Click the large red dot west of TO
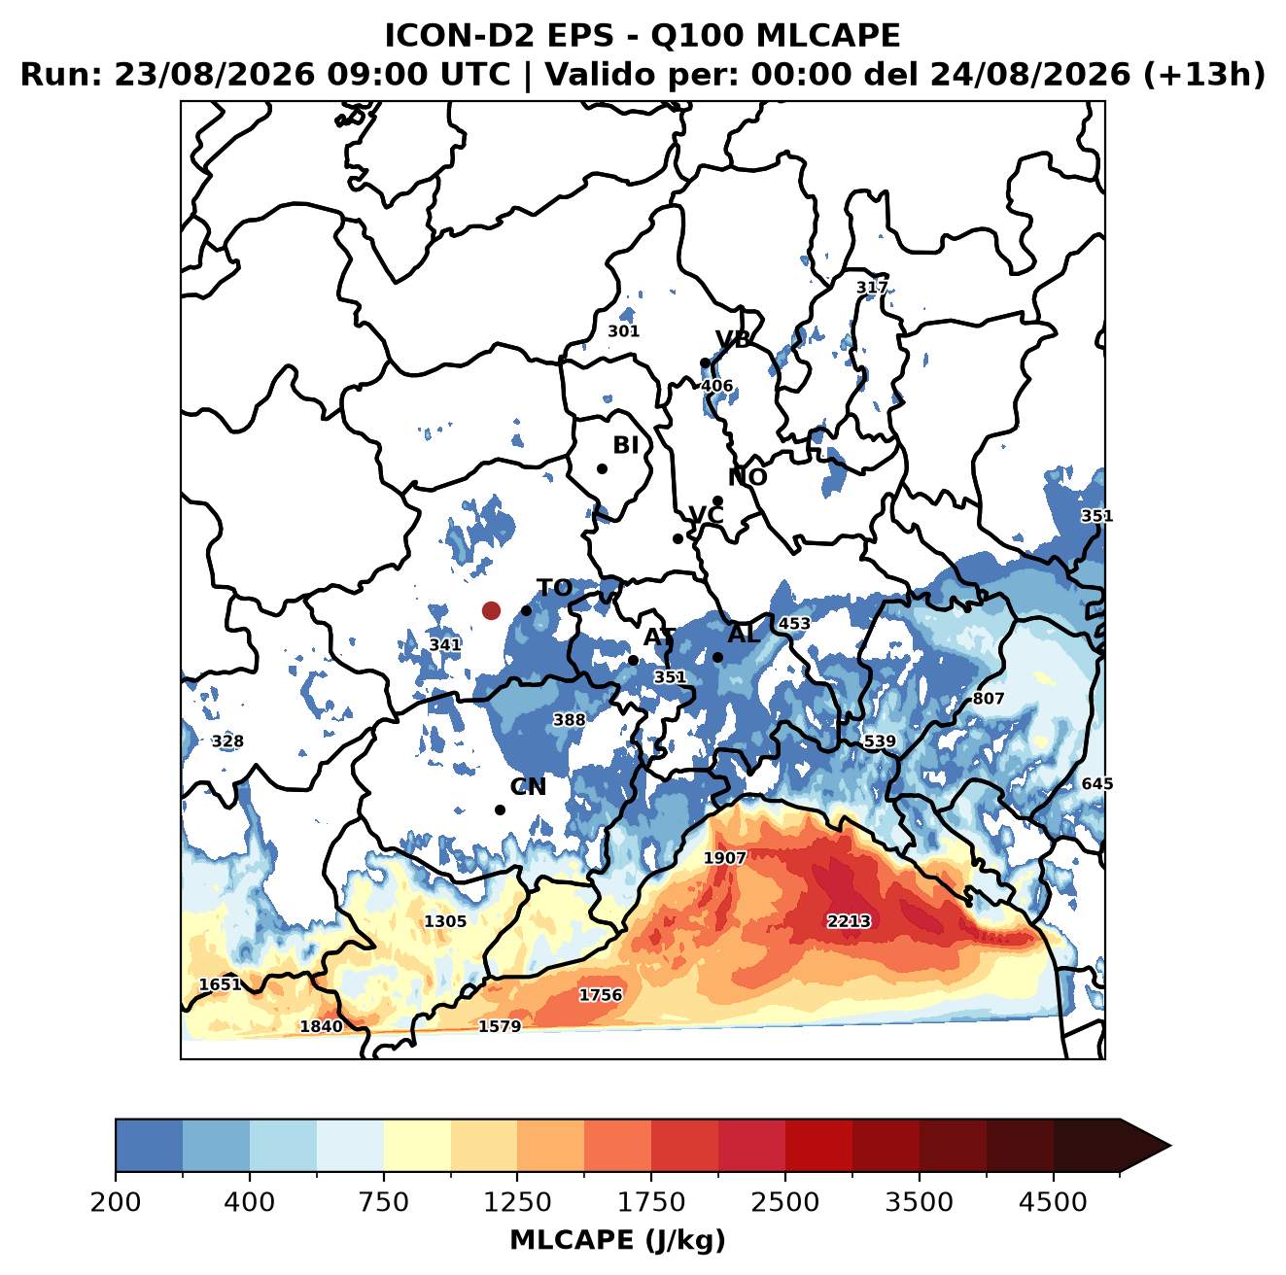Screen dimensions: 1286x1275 [x=491, y=610]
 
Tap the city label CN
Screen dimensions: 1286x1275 [x=528, y=787]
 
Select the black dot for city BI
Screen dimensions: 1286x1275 [x=602, y=469]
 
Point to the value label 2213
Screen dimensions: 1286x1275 [x=849, y=921]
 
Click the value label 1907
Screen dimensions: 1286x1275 [x=725, y=858]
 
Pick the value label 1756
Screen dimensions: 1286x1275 [x=601, y=995]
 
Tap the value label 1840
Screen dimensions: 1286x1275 [x=321, y=1027]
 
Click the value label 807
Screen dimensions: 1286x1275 [x=989, y=699]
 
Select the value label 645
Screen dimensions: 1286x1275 [x=1097, y=784]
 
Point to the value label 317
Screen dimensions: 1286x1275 [x=872, y=288]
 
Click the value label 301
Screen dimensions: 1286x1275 [x=623, y=331]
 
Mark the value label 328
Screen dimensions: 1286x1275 [x=227, y=741]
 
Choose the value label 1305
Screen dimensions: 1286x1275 [x=445, y=921]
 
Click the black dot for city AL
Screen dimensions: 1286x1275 [x=717, y=657]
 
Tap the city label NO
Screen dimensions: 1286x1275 [x=747, y=478]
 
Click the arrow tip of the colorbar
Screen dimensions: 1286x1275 [x=1171, y=1147]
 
